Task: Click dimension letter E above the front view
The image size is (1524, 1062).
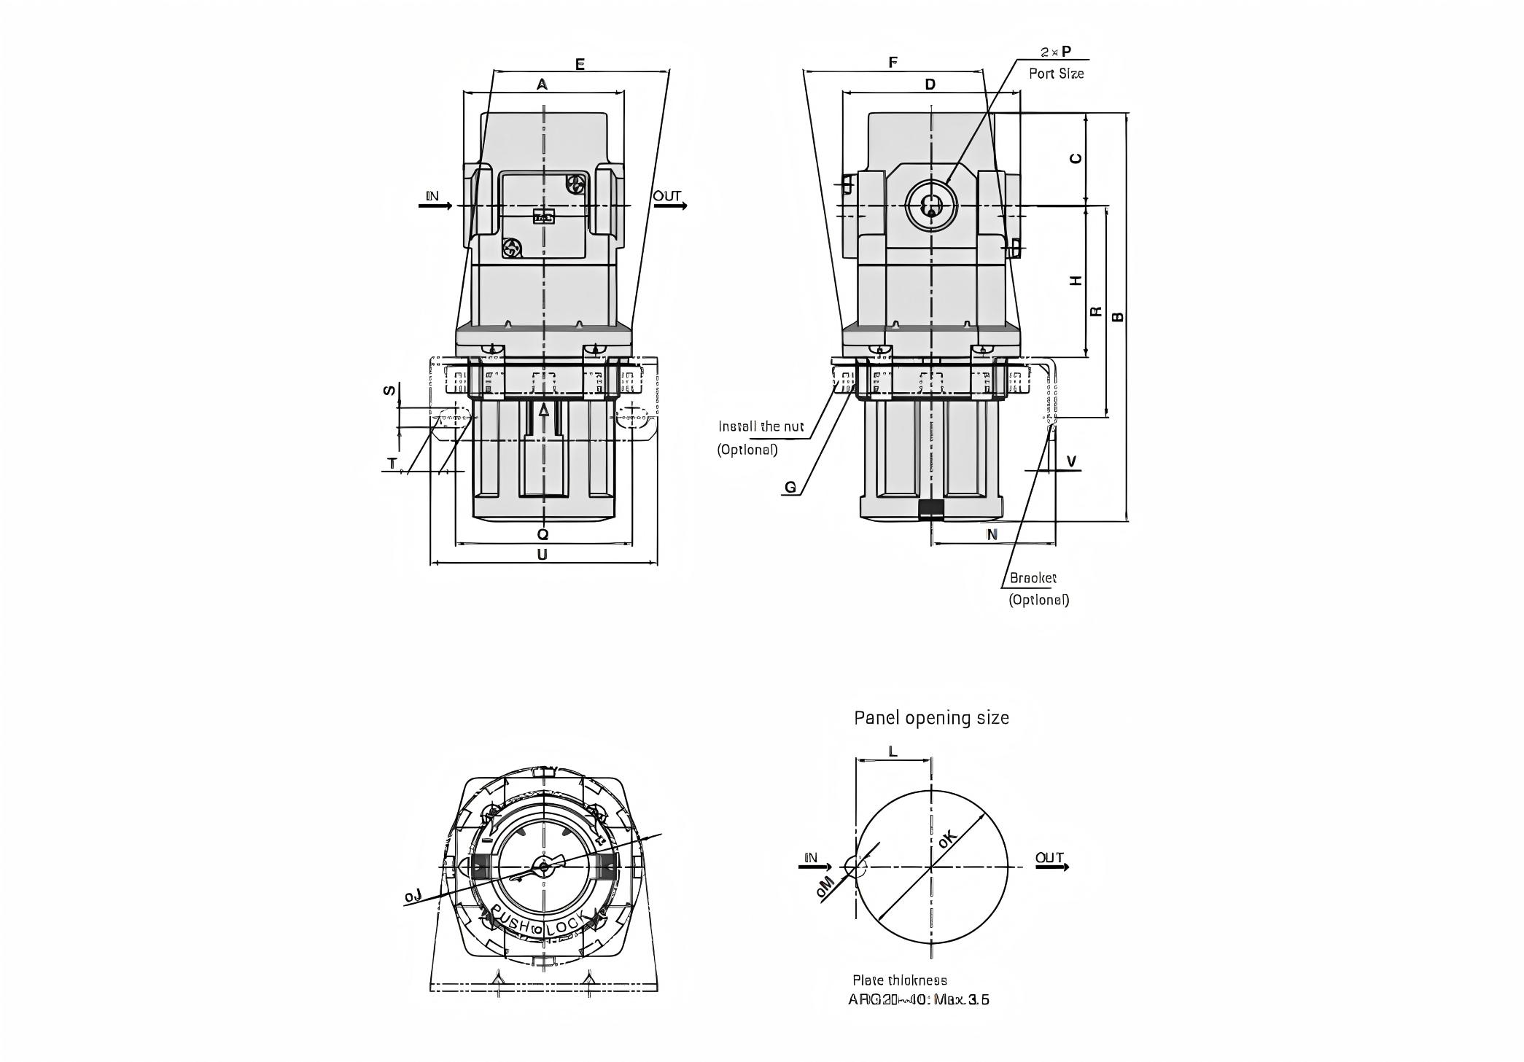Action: click(580, 64)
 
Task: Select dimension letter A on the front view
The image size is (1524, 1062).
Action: click(542, 85)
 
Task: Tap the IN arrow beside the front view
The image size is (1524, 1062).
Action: click(436, 206)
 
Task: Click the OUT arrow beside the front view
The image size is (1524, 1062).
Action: click(670, 206)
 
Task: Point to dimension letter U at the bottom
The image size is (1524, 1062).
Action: click(542, 555)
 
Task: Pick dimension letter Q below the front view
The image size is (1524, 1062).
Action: click(543, 534)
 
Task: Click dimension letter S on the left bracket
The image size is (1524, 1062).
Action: click(391, 390)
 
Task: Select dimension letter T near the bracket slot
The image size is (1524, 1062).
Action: click(392, 463)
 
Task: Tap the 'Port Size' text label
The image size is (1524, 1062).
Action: click(1056, 74)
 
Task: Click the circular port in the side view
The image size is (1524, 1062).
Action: click(930, 206)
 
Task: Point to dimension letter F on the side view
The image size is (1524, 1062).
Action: click(893, 63)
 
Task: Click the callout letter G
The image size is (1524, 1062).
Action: click(790, 488)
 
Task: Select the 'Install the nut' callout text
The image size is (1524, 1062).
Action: click(761, 426)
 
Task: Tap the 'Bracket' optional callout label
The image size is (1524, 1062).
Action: click(1033, 578)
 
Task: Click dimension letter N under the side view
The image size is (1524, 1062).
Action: click(992, 534)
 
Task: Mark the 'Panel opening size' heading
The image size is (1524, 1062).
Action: click(931, 718)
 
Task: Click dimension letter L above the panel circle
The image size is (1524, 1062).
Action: click(893, 751)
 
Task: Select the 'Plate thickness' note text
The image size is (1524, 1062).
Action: click(900, 980)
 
